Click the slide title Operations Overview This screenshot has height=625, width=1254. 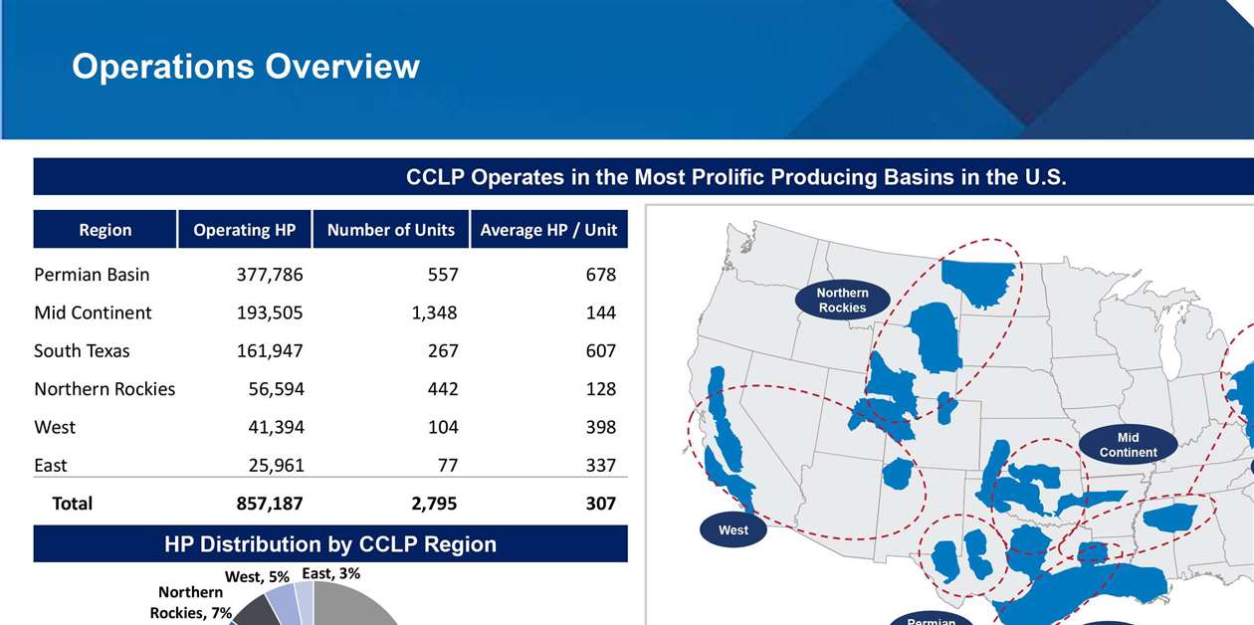(x=246, y=67)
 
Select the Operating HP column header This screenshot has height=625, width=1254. (x=245, y=230)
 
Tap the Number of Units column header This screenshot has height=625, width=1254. (x=390, y=230)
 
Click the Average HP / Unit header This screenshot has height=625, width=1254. (x=548, y=230)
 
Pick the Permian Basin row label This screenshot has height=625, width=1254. (x=92, y=275)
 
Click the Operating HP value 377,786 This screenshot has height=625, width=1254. (x=270, y=275)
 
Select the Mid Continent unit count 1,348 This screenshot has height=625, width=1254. (x=434, y=312)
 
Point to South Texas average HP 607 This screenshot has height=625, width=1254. (x=601, y=351)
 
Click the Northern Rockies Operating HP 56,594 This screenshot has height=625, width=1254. (x=276, y=389)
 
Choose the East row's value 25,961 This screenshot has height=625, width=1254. (x=276, y=465)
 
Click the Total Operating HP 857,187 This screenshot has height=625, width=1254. (x=270, y=504)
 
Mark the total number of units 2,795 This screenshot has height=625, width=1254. (x=434, y=504)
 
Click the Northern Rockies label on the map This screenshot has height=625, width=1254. (x=842, y=301)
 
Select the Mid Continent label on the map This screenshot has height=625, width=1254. (x=1128, y=445)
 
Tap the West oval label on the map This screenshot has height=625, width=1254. (x=733, y=530)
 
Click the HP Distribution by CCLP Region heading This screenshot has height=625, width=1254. (x=330, y=544)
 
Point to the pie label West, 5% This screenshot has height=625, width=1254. (x=257, y=576)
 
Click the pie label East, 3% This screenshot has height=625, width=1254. (x=331, y=573)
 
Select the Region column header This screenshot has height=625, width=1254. (x=105, y=230)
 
